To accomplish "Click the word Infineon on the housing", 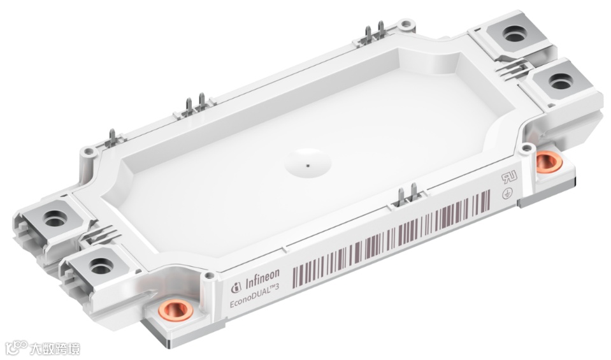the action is coord(262,279).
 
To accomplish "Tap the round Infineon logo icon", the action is coord(236,288).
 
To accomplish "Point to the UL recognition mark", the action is coord(509,178).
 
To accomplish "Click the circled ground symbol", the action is coord(507,194).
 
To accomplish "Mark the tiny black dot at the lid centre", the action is coord(308,166).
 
